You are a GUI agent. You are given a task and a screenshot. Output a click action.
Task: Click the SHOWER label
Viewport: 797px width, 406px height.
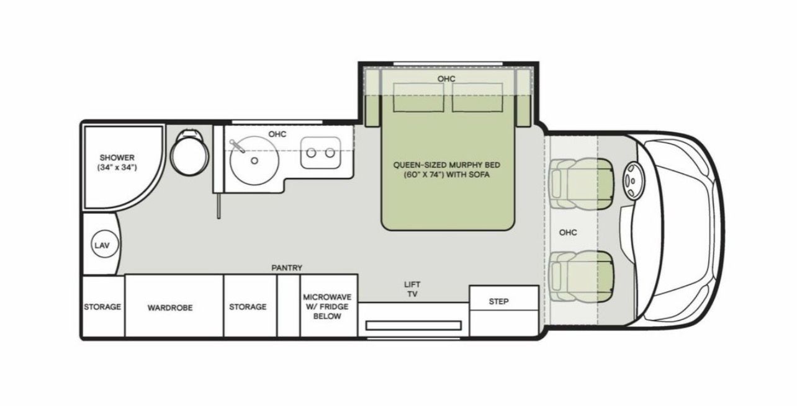[117, 157]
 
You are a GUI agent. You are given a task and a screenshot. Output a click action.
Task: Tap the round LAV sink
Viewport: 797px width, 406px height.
[105, 245]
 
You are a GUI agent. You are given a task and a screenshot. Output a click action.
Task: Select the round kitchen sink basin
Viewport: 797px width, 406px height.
[254, 160]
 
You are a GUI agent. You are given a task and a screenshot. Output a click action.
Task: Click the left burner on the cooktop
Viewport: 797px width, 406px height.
[312, 153]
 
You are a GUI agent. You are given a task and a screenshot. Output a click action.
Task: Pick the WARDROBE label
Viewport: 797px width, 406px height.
[170, 307]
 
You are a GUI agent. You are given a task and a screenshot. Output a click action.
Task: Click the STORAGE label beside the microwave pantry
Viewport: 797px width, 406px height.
[248, 307]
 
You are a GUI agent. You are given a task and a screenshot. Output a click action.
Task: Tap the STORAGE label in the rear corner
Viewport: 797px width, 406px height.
[102, 307]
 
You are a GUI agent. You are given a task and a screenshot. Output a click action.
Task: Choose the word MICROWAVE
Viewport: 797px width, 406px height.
[327, 296]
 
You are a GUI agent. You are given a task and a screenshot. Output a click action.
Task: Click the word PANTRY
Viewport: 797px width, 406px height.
[287, 268]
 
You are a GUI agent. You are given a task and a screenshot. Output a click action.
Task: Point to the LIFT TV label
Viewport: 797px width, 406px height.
[412, 289]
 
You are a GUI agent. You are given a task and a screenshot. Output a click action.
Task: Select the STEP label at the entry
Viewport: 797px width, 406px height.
[498, 301]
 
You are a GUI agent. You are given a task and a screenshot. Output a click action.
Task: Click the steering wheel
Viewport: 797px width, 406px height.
[633, 180]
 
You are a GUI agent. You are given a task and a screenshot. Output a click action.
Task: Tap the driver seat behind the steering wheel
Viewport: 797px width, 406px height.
[582, 183]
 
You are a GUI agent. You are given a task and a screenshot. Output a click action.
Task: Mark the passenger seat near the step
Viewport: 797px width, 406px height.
[582, 276]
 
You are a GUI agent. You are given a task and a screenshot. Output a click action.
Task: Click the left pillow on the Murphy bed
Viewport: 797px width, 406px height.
[418, 98]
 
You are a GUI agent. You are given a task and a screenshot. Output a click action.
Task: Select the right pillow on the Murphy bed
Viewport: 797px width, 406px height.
[477, 98]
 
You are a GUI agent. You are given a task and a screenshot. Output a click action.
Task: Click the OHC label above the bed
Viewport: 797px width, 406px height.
[446, 79]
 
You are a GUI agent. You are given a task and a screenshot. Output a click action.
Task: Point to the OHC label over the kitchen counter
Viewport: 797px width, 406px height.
[277, 134]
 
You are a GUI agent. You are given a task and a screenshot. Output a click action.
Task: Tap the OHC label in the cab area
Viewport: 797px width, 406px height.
[568, 232]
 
